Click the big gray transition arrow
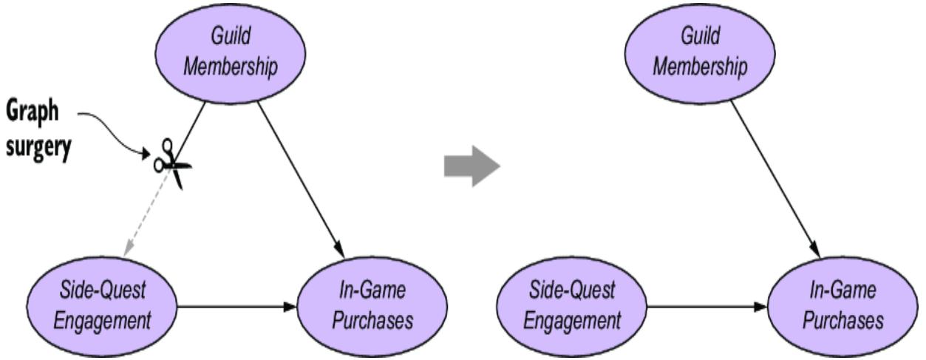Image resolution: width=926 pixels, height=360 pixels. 471,167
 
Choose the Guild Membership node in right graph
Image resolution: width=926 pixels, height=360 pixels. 698,55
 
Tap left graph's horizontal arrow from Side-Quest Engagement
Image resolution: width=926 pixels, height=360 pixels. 236,305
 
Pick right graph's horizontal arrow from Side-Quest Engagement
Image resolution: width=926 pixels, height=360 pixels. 706,305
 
